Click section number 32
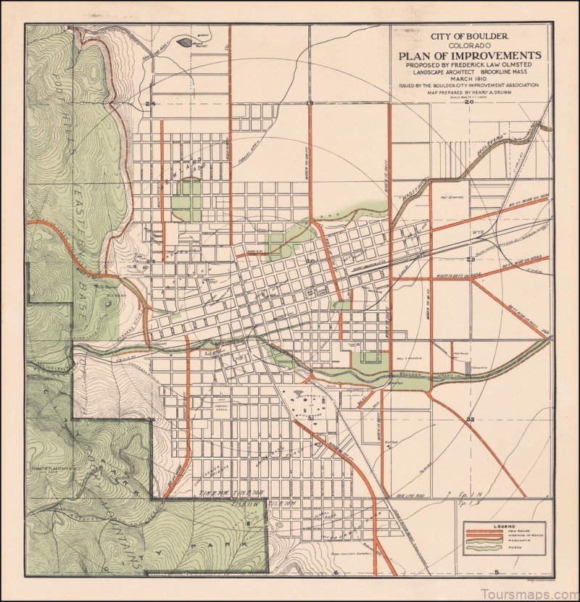(470, 419)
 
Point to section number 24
(151, 104)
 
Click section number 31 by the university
(310, 418)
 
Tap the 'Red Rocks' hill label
(107, 295)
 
